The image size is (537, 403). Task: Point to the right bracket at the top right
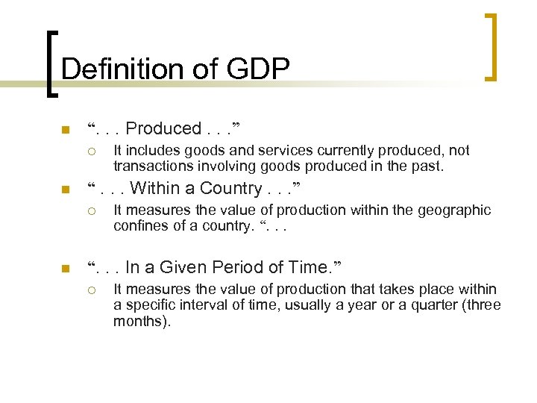[x=491, y=46]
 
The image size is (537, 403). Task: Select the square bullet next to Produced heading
[x=65, y=130]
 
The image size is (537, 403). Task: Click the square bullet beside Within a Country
[x=65, y=190]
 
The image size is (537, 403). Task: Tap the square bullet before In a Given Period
[x=65, y=268]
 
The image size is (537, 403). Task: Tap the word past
[x=427, y=166]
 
